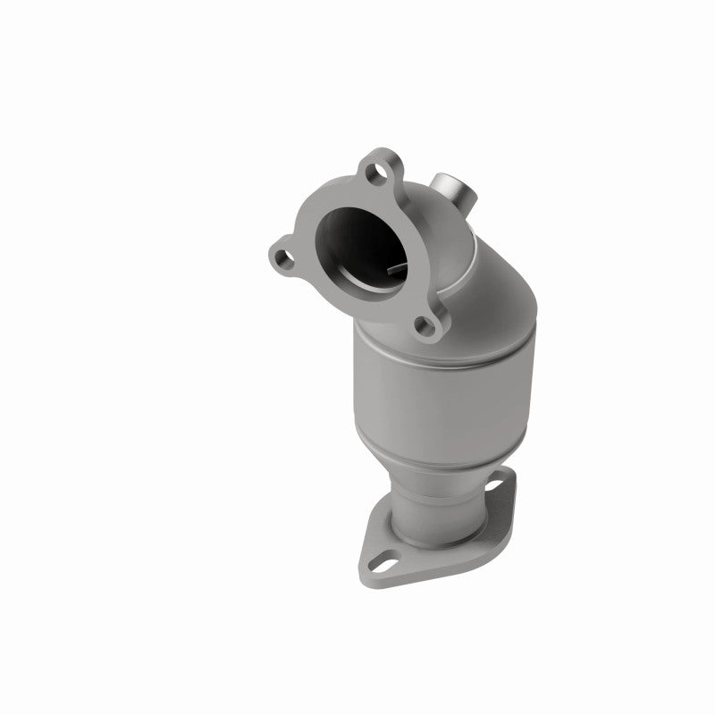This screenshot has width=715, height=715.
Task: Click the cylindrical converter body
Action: click(x=438, y=384)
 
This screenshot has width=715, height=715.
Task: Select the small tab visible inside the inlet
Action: click(x=398, y=269)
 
